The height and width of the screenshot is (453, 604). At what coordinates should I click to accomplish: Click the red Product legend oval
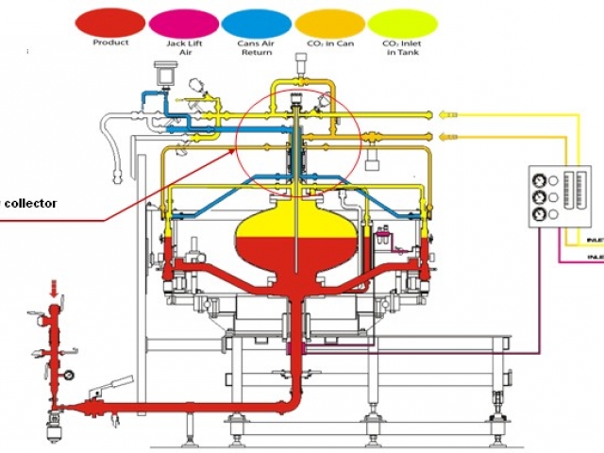[x=110, y=22]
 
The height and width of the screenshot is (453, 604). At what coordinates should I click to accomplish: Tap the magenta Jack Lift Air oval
[x=182, y=22]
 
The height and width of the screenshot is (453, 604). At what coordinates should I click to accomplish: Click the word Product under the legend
[x=110, y=43]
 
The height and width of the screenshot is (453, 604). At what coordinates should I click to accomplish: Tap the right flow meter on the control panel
[x=570, y=190]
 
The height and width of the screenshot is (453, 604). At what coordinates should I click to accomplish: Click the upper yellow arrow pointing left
[x=449, y=114]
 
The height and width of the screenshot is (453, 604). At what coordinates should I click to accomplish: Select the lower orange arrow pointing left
[x=449, y=138]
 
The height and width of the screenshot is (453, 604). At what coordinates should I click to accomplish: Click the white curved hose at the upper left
[x=119, y=142]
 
